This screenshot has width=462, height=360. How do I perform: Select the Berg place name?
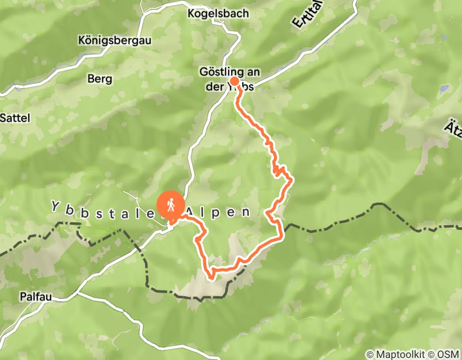[99, 79]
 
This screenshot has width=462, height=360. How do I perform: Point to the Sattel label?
[15, 118]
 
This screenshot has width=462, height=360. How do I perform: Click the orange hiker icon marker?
[170, 205]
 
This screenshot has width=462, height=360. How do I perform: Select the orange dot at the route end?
[234, 81]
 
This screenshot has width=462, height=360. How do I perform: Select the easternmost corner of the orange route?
[292, 180]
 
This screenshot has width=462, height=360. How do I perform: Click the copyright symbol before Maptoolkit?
[369, 354]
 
